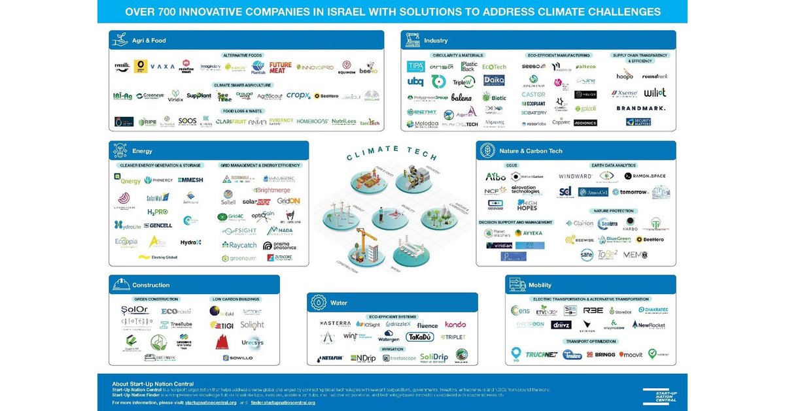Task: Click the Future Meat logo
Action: click(x=281, y=67)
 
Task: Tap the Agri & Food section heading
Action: click(x=149, y=41)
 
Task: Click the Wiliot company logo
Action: click(x=655, y=93)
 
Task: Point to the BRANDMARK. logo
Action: click(x=640, y=108)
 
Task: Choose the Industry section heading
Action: click(x=436, y=41)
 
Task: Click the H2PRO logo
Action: click(x=158, y=212)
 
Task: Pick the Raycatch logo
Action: click(x=239, y=245)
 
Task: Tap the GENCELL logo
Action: click(x=158, y=225)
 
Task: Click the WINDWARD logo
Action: click(x=576, y=176)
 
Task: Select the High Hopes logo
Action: click(x=527, y=205)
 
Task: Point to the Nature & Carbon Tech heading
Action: click(x=531, y=151)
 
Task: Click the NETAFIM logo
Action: click(x=330, y=358)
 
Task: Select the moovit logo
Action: click(x=631, y=354)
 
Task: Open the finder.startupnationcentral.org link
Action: click(x=284, y=403)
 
